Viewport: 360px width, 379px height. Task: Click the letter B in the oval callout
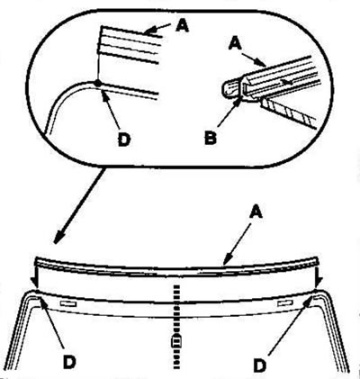click(211, 139)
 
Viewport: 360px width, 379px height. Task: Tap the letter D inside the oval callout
click(124, 140)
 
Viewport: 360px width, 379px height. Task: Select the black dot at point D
click(97, 83)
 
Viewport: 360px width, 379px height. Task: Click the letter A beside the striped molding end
click(182, 26)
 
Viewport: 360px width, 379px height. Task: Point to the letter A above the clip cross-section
click(235, 45)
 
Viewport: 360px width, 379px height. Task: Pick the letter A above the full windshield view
click(256, 212)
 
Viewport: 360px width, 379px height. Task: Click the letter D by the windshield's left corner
click(69, 363)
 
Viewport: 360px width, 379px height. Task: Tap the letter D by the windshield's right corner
click(260, 365)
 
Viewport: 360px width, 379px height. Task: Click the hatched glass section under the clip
click(289, 113)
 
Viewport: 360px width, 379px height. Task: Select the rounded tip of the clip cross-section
click(225, 89)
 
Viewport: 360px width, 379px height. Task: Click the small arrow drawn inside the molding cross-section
click(287, 81)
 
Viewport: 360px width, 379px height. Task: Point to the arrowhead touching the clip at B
click(238, 101)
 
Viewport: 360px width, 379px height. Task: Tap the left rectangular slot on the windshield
click(68, 304)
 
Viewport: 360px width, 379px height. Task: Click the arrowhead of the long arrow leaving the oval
click(58, 239)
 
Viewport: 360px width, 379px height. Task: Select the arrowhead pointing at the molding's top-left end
click(149, 31)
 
